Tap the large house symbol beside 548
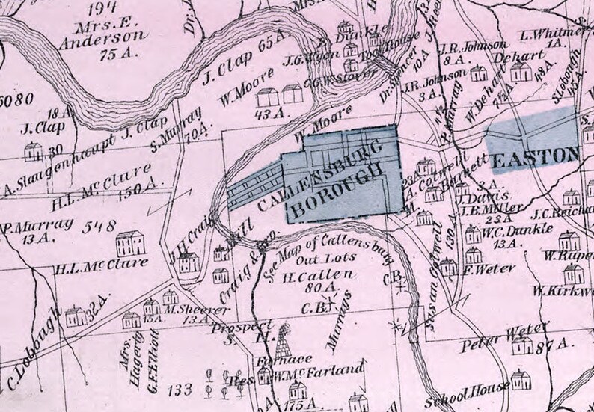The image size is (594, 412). click(x=132, y=243)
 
